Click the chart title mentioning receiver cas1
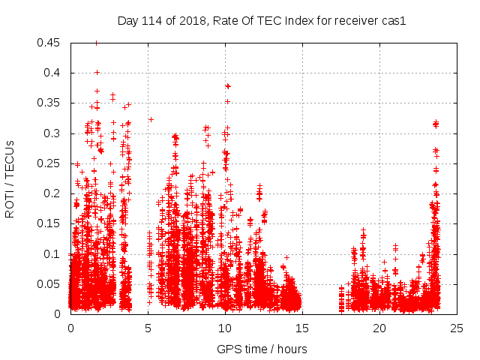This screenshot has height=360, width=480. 262,21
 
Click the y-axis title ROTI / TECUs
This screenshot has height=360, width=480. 10,178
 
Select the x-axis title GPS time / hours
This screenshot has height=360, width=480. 262,349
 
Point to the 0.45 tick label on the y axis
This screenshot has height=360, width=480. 49,43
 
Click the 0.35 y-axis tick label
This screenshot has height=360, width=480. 49,103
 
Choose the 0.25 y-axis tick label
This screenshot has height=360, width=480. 49,163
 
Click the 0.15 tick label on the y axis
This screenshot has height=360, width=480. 49,224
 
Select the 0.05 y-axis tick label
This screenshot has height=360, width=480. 49,284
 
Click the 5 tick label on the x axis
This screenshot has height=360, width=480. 148,328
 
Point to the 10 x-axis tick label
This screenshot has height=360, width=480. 225,328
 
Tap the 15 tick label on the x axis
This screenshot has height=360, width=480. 302,328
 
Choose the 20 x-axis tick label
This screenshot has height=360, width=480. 379,328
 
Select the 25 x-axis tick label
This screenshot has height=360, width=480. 457,328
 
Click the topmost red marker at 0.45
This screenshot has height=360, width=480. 96,43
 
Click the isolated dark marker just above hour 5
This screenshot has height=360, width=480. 151,119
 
